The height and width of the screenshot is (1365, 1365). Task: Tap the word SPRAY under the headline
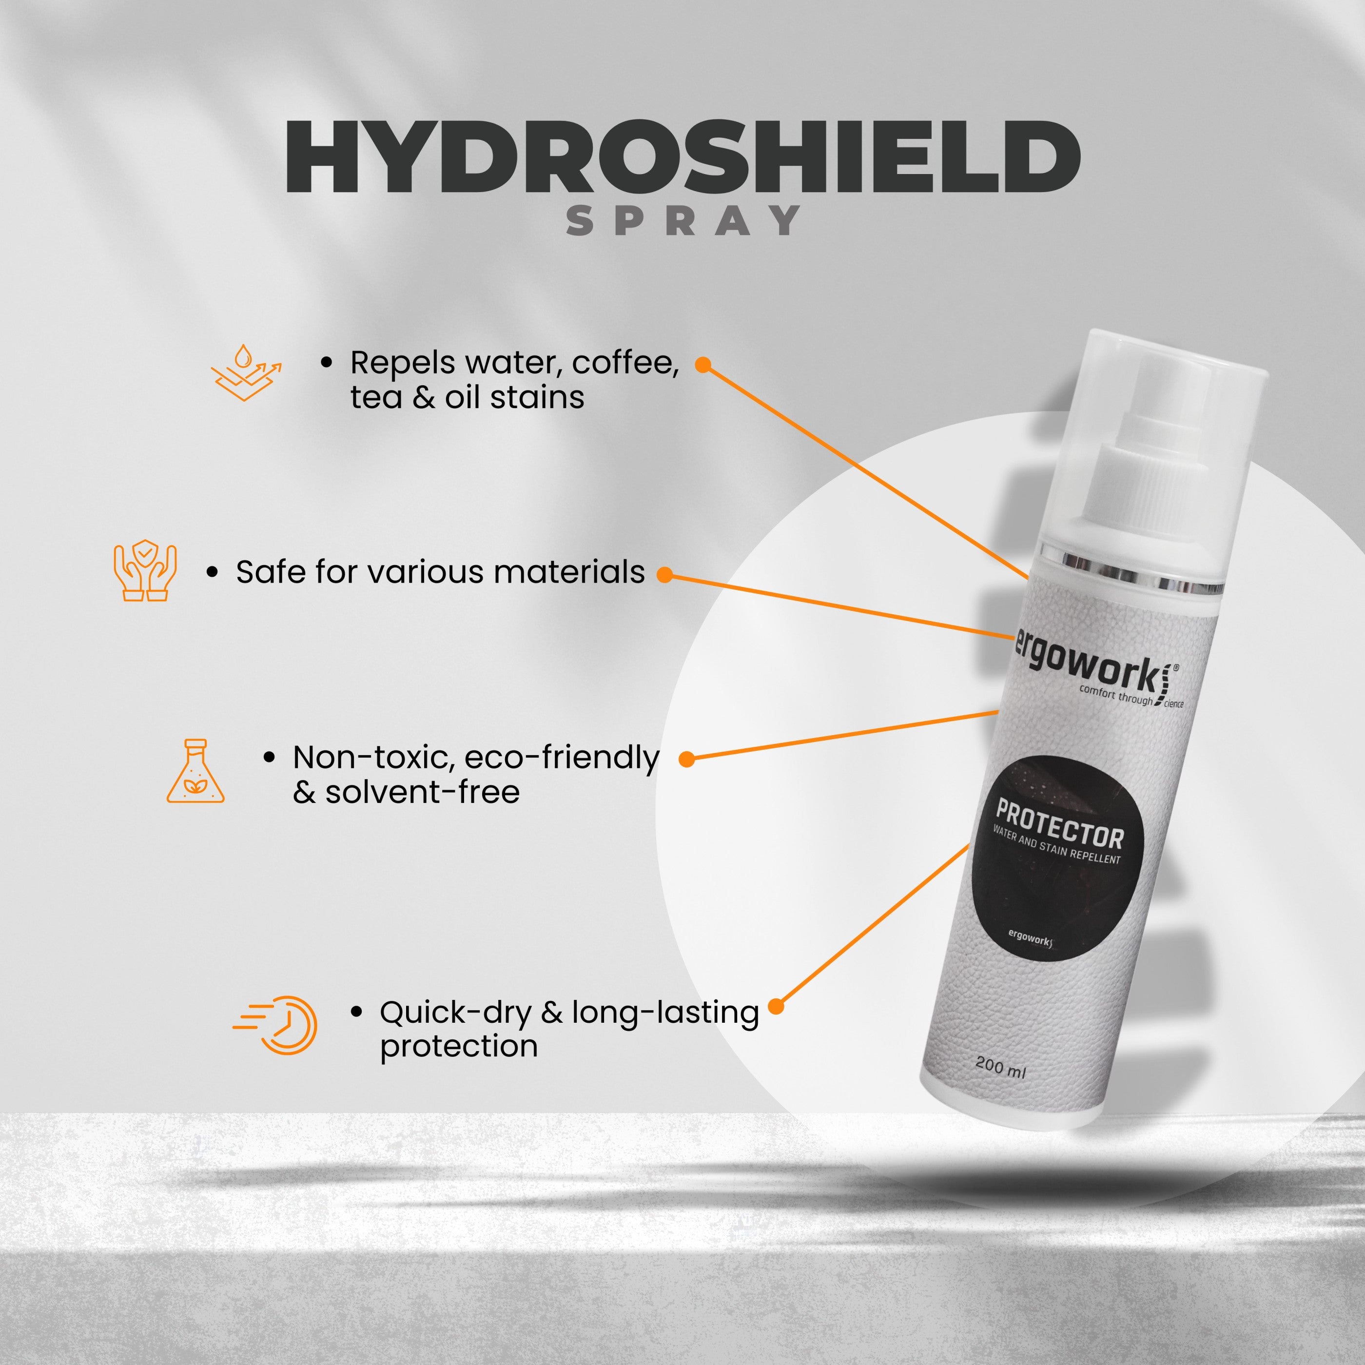tap(683, 220)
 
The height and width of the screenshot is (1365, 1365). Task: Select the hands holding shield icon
tap(145, 571)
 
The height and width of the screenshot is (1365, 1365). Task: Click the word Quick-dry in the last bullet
tap(456, 1013)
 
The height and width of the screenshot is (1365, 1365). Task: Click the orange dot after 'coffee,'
tap(702, 365)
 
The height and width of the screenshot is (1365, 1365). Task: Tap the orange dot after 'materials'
tap(664, 574)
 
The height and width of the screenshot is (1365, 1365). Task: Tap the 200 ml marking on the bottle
tap(1000, 1067)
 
